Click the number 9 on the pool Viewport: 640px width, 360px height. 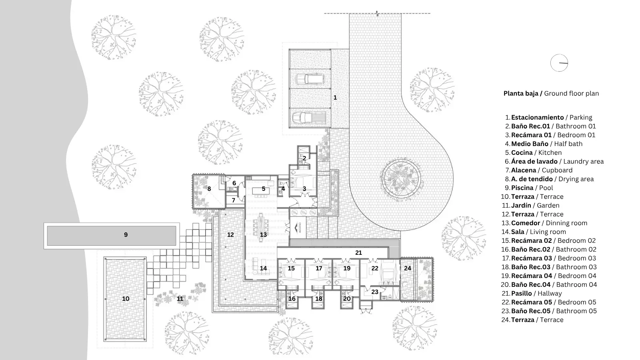pyautogui.click(x=126, y=234)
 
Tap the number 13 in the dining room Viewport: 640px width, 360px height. pyautogui.click(x=263, y=234)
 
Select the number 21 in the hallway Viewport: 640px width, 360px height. pyautogui.click(x=358, y=252)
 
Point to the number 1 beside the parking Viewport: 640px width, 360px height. pyautogui.click(x=335, y=98)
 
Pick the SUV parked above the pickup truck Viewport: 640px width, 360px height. pyautogui.click(x=310, y=78)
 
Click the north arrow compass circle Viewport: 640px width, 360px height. pyautogui.click(x=559, y=63)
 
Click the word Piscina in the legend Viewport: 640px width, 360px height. pyautogui.click(x=522, y=188)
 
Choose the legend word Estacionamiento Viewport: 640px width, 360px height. pyautogui.click(x=538, y=118)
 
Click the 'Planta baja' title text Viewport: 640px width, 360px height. pyautogui.click(x=521, y=94)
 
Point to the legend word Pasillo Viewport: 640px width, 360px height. pyautogui.click(x=522, y=294)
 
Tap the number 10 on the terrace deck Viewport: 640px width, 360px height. pyautogui.click(x=126, y=298)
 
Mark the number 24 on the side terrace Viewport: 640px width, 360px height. pyautogui.click(x=408, y=268)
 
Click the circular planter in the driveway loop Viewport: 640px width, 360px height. pyautogui.click(x=401, y=179)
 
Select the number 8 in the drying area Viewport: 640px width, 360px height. pyautogui.click(x=209, y=189)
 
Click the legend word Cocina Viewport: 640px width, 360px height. pyautogui.click(x=522, y=152)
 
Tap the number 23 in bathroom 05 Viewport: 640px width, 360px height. pyautogui.click(x=375, y=292)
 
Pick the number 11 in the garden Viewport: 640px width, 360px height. pyautogui.click(x=180, y=298)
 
